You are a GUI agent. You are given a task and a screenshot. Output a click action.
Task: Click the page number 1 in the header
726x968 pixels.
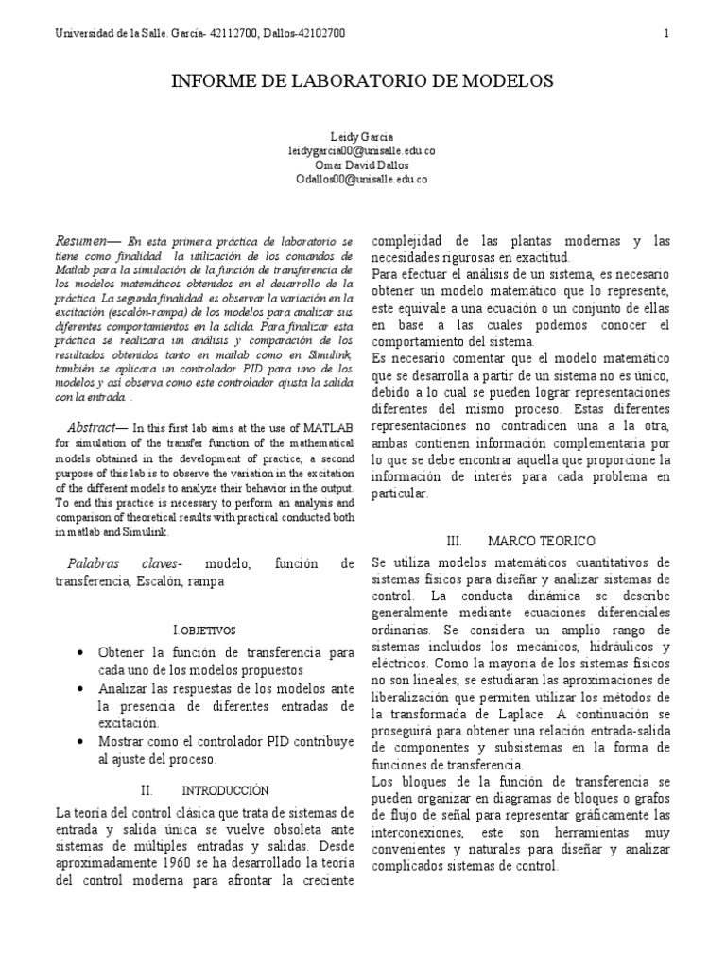click(666, 33)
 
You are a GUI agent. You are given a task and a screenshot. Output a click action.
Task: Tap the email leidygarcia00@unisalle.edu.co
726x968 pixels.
click(362, 151)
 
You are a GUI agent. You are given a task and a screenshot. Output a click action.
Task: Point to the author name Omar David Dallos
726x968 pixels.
click(362, 164)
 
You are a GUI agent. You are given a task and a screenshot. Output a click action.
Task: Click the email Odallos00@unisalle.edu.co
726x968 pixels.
click(362, 178)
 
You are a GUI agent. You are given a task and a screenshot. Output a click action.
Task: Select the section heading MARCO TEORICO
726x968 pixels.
click(541, 540)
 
